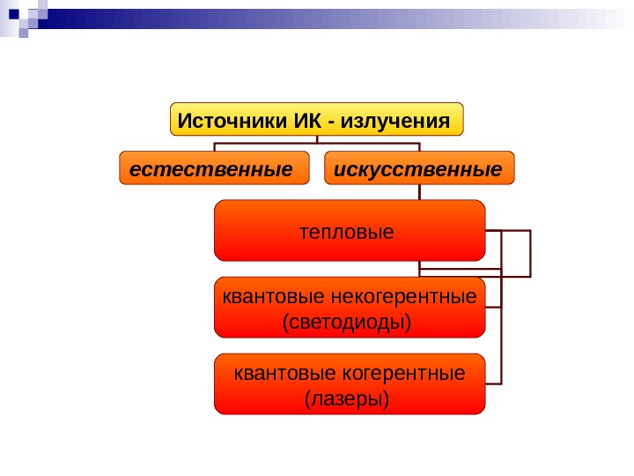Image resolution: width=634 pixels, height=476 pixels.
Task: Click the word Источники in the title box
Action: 228,119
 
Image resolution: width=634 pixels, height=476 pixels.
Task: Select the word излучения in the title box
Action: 401,119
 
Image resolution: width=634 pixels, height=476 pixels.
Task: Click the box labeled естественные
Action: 215,167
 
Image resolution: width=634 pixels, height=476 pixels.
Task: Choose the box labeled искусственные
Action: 419,167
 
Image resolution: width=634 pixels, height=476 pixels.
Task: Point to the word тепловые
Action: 348,233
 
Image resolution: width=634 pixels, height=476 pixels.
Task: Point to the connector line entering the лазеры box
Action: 493,383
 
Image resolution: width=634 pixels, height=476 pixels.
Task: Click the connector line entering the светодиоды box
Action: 493,307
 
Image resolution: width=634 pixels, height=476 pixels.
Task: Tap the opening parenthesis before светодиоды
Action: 284,323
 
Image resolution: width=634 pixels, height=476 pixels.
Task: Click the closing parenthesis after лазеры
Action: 387,400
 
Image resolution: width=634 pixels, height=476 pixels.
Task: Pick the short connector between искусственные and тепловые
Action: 419,192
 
